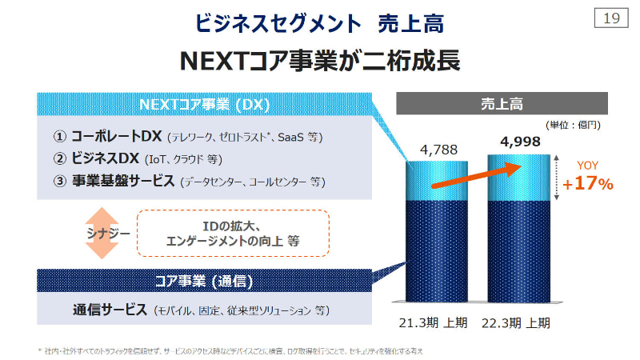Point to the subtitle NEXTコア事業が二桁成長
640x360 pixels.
click(320, 61)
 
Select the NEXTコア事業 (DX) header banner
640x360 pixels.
click(204, 105)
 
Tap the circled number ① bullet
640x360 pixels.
click(59, 137)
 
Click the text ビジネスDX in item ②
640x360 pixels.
click(106, 158)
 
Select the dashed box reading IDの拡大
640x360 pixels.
click(233, 233)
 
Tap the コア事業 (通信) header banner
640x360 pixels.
click(204, 281)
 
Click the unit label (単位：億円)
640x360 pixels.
click(573, 125)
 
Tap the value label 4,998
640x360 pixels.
click(519, 142)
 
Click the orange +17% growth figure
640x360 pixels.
click(587, 184)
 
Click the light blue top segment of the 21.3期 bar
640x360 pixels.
click(438, 181)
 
